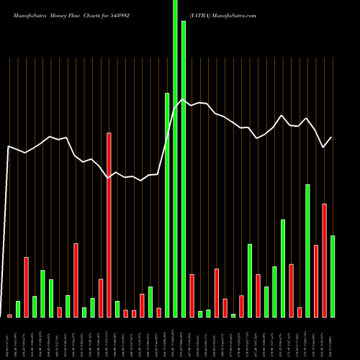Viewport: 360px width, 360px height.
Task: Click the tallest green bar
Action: click(x=175, y=158)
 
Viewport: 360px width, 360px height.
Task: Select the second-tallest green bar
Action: click(x=184, y=169)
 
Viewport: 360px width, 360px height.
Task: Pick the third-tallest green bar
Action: click(x=167, y=205)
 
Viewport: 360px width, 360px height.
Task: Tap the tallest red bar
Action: click(x=109, y=225)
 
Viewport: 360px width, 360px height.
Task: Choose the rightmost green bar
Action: click(x=333, y=276)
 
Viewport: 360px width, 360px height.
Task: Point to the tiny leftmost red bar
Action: click(x=9, y=315)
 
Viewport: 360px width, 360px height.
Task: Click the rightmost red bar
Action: click(x=324, y=260)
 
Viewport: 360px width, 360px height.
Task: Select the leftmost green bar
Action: click(x=18, y=309)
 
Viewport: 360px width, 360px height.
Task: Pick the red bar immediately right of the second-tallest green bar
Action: click(x=192, y=295)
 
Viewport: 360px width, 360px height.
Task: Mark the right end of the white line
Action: click(x=332, y=138)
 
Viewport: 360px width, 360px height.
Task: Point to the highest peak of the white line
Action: click(x=184, y=100)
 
